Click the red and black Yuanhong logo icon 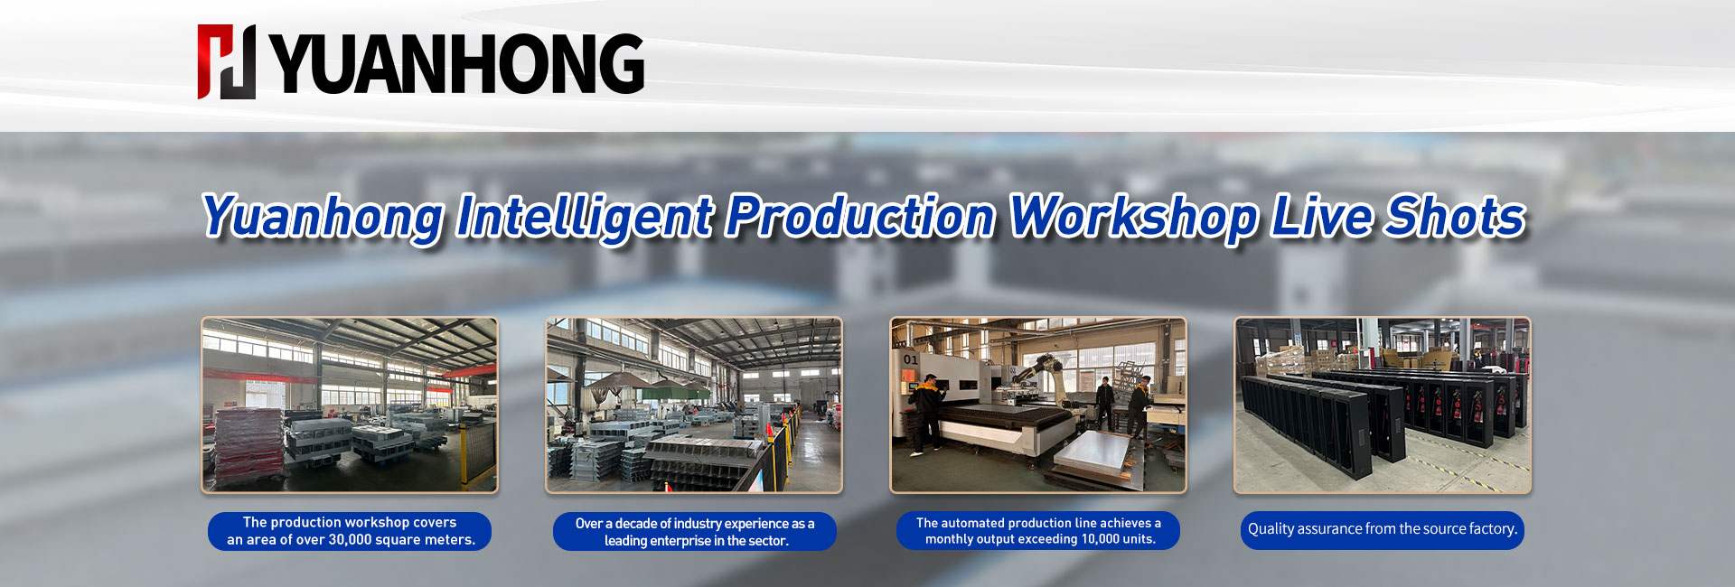coord(227,61)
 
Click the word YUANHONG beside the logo coord(457,63)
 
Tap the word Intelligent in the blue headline coord(585,218)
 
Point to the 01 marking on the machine coord(910,359)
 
